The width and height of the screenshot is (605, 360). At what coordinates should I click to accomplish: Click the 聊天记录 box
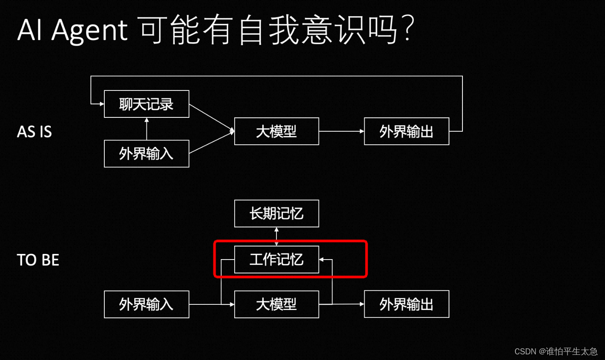pyautogui.click(x=146, y=104)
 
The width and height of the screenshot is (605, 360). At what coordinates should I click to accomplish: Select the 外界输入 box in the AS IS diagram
pyautogui.click(x=146, y=153)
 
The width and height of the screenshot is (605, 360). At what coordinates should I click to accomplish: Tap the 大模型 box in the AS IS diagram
pyautogui.click(x=276, y=131)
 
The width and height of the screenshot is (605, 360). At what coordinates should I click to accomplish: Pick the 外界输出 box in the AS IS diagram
pyautogui.click(x=406, y=131)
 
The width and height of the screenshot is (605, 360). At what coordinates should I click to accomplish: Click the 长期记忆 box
pyautogui.click(x=276, y=213)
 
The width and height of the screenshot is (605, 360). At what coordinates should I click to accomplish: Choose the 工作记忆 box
pyautogui.click(x=276, y=260)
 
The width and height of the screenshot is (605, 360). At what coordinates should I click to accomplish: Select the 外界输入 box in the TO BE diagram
pyautogui.click(x=146, y=304)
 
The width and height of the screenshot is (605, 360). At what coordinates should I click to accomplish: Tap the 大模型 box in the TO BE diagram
pyautogui.click(x=276, y=304)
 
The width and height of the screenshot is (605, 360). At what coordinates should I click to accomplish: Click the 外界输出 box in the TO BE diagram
pyautogui.click(x=406, y=304)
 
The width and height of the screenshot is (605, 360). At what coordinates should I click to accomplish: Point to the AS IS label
pyautogui.click(x=34, y=132)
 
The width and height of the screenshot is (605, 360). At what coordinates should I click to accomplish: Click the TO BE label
pyautogui.click(x=38, y=260)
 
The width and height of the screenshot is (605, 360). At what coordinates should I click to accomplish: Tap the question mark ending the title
pyautogui.click(x=407, y=31)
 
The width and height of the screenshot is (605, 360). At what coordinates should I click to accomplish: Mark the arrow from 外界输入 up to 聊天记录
pyautogui.click(x=146, y=129)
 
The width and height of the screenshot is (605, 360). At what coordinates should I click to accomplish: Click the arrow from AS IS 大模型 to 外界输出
pyautogui.click(x=341, y=131)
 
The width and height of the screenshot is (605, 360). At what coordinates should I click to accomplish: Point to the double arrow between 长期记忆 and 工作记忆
pyautogui.click(x=276, y=237)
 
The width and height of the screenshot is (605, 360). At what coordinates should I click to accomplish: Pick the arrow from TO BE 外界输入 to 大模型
pyautogui.click(x=212, y=304)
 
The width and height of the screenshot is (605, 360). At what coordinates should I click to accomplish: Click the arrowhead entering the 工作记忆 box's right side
pyautogui.click(x=322, y=260)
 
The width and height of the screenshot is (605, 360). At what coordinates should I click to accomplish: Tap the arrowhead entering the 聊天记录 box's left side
pyautogui.click(x=102, y=104)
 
